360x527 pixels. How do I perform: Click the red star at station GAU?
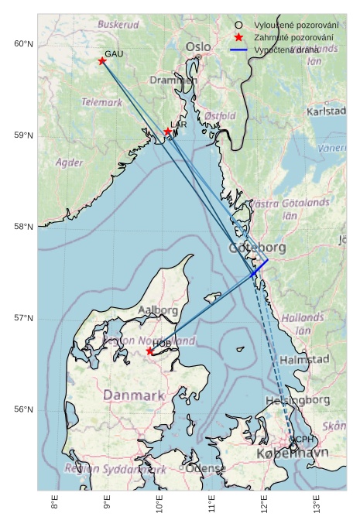pos(102,61)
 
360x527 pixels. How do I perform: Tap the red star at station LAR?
pos(167,132)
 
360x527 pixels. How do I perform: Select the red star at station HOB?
pos(150,351)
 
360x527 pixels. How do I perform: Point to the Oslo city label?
pos(197,47)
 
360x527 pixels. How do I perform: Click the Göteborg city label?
pos(257,248)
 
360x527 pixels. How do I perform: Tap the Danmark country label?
pos(134,395)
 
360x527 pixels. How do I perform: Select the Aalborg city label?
pos(158,310)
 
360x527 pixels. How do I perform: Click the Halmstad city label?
pos(303,360)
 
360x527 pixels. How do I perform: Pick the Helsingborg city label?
pos(297,401)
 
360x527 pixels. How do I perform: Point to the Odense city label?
pos(206,469)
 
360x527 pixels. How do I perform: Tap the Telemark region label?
pos(102,102)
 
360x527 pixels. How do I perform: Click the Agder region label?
pos(70,163)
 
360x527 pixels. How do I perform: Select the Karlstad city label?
pos(326,111)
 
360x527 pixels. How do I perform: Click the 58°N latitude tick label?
pos(24,227)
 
